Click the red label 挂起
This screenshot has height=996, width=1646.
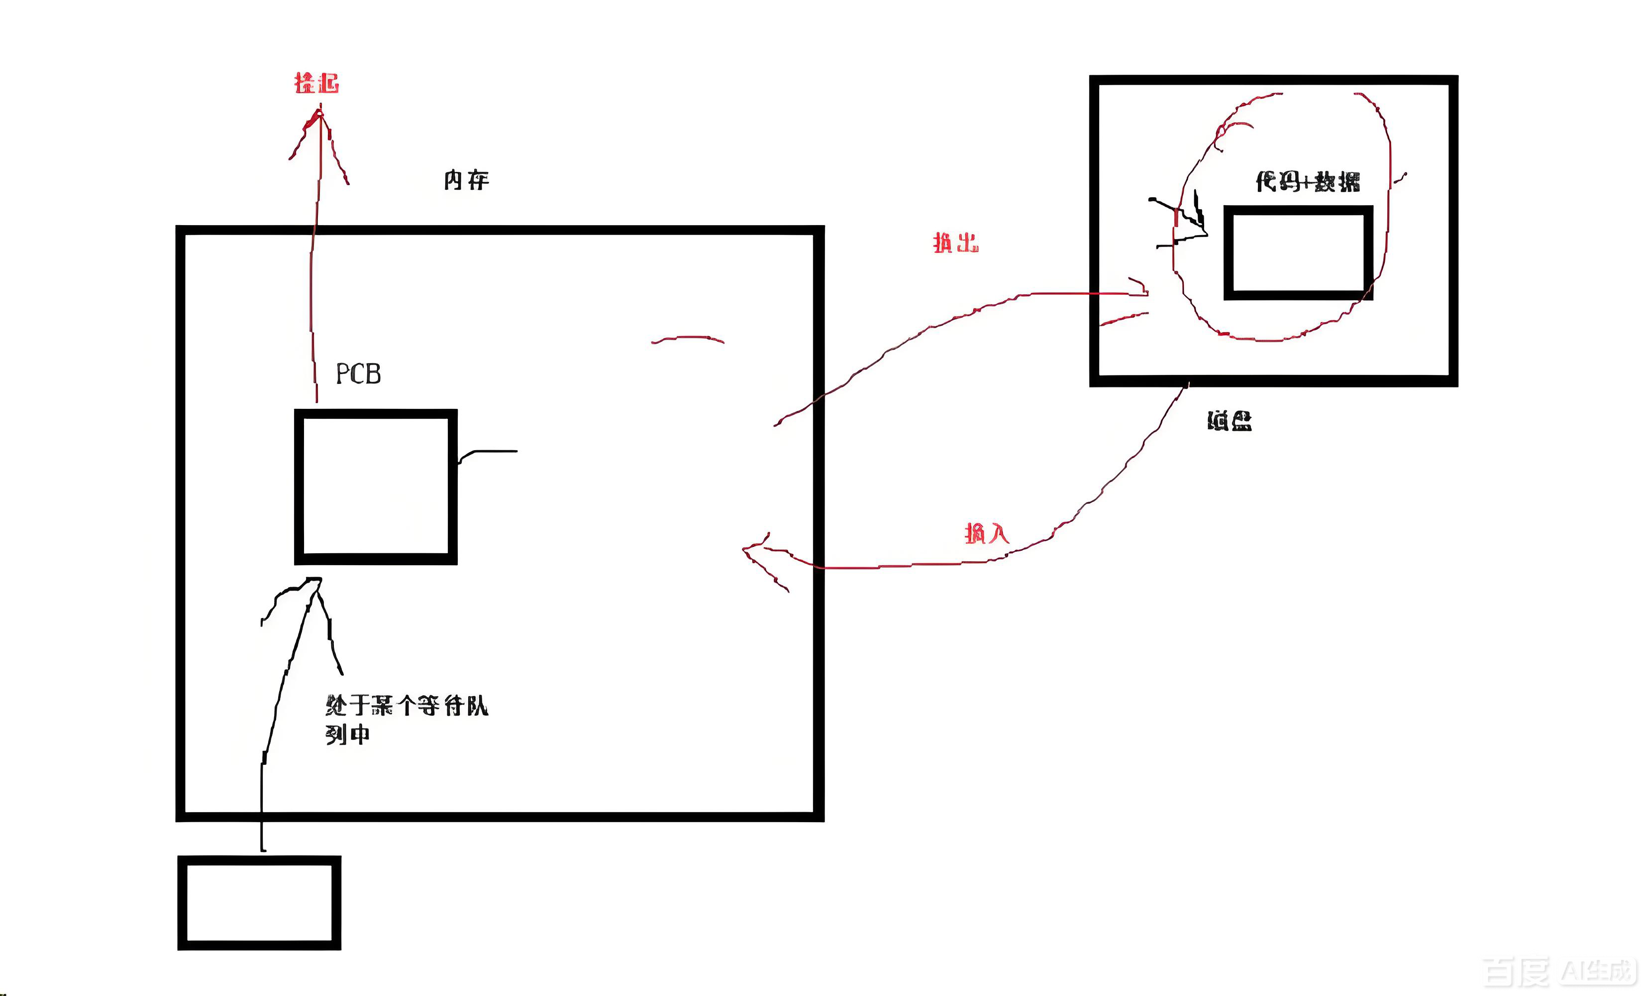tap(316, 84)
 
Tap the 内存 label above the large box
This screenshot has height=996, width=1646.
tap(466, 180)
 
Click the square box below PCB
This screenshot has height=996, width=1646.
tap(376, 487)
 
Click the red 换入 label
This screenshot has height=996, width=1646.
tap(987, 533)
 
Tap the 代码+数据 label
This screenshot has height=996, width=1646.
tap(1307, 181)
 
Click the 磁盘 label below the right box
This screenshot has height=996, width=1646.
tap(1229, 420)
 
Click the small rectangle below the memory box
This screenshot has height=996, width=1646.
tap(259, 902)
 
